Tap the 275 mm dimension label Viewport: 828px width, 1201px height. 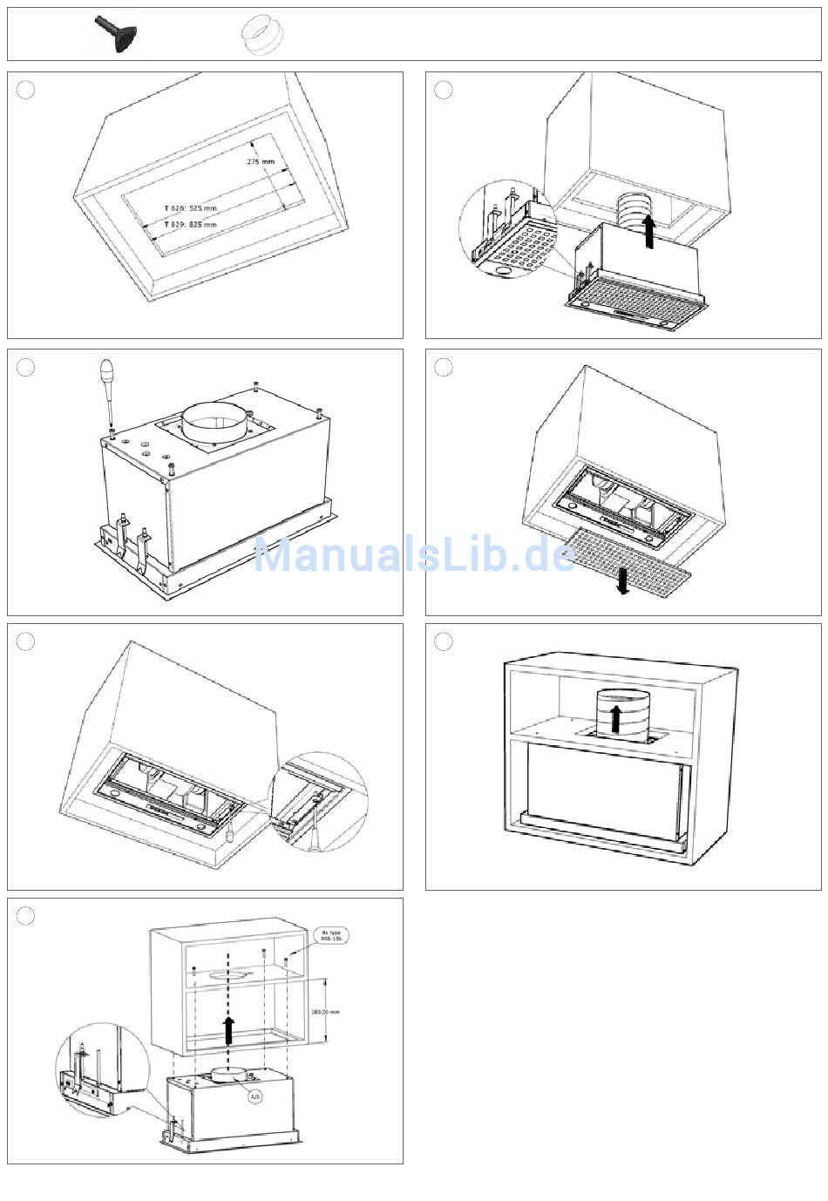[260, 162]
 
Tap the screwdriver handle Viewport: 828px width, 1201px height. [105, 377]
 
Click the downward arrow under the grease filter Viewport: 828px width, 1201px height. [622, 580]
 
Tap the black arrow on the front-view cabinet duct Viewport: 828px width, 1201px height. [615, 719]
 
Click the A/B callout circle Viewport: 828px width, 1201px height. [255, 1096]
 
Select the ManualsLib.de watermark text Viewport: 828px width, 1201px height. [414, 555]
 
